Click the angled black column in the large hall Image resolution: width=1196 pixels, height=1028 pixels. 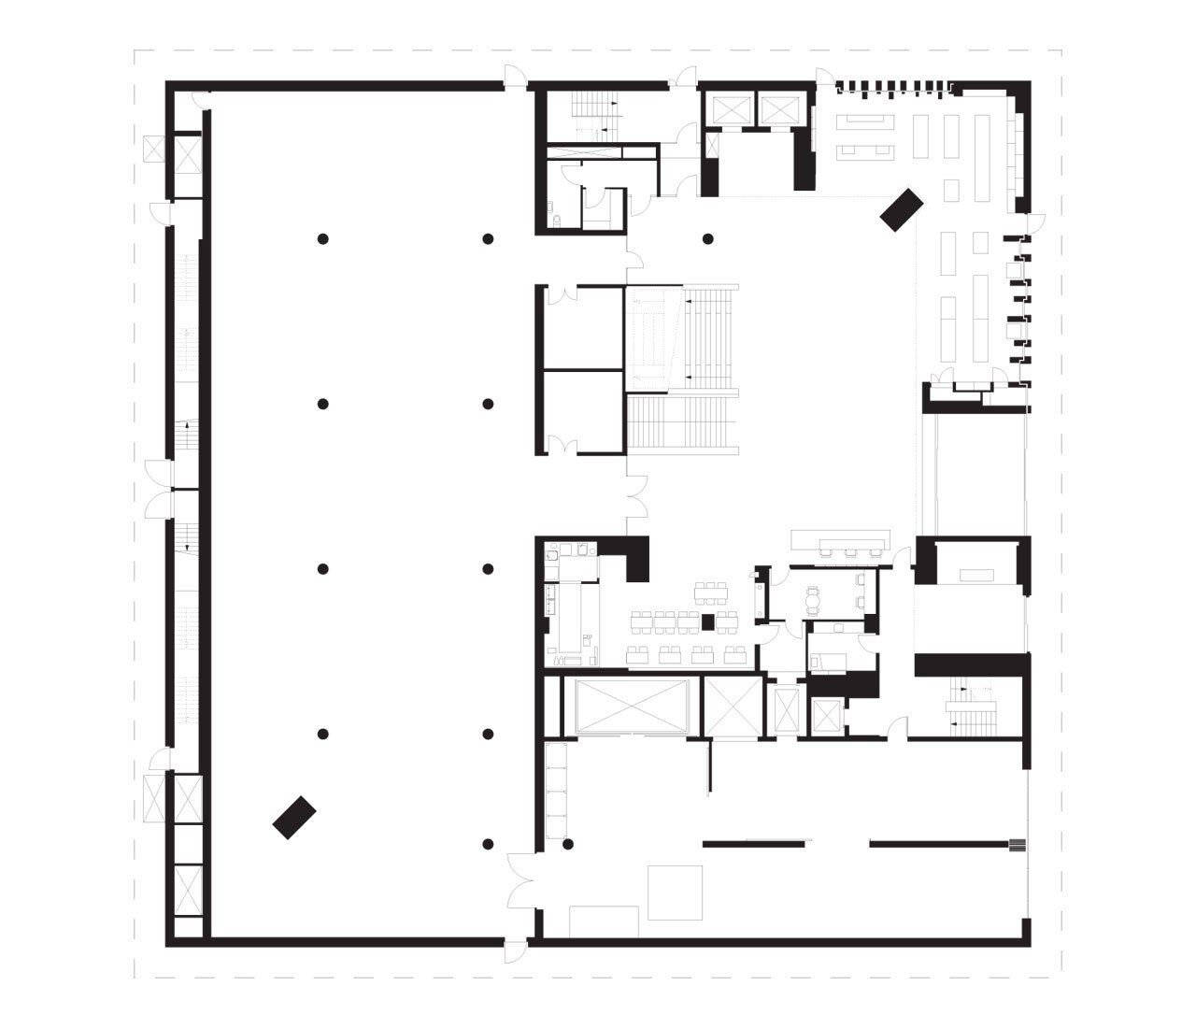(294, 818)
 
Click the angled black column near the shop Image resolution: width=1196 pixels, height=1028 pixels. (902, 209)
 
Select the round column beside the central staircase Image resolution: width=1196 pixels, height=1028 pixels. (708, 239)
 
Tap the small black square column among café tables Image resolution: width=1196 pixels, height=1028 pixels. (707, 622)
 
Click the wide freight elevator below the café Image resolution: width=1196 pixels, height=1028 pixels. (632, 707)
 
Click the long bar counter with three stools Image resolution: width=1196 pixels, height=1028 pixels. (841, 541)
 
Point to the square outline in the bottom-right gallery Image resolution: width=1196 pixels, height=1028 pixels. (675, 892)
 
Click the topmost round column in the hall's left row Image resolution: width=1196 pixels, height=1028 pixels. (322, 239)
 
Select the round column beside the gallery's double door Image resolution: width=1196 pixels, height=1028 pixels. (567, 845)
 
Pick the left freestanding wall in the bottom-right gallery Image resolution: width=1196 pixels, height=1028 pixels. (753, 845)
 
